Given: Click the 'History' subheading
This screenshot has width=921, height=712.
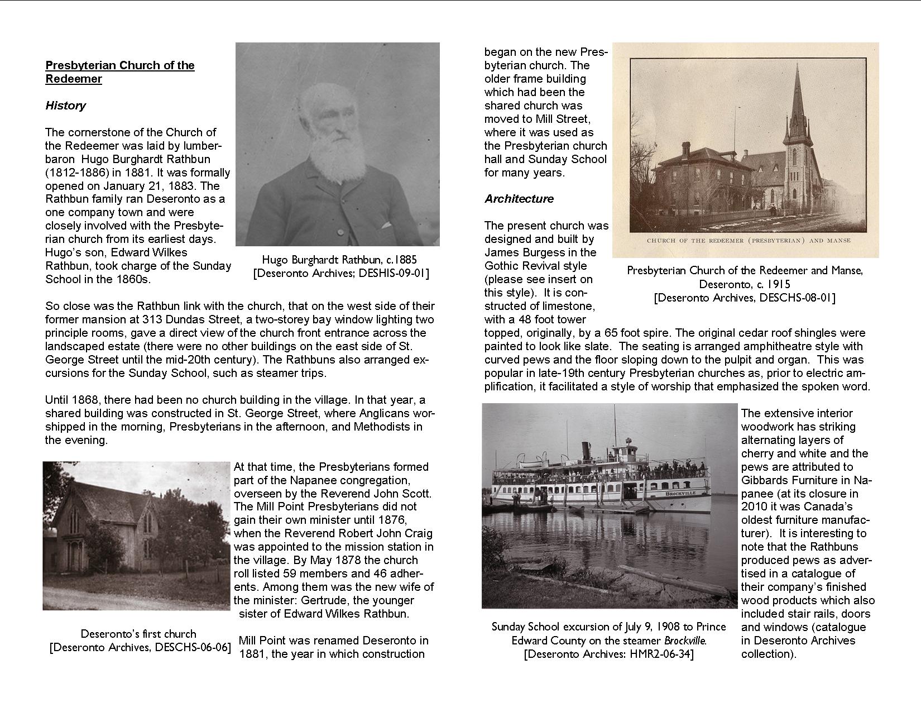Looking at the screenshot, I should [65, 106].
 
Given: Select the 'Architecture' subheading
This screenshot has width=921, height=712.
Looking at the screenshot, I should [519, 199].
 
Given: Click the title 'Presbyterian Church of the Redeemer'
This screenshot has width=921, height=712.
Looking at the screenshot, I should [119, 72].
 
